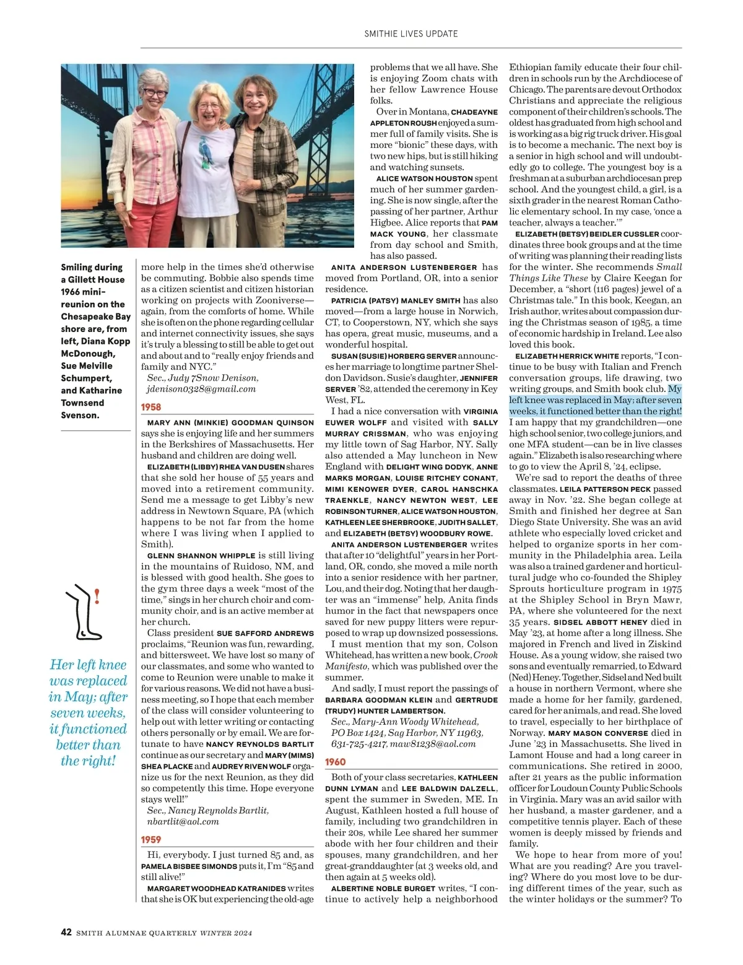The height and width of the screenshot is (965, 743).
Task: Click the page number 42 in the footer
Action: tap(66, 933)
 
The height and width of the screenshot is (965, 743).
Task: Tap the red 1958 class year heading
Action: tap(151, 407)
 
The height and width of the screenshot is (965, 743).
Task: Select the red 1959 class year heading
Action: tap(151, 839)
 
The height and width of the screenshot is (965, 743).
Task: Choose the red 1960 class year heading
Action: tap(336, 762)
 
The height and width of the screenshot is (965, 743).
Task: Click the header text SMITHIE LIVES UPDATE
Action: tap(411, 33)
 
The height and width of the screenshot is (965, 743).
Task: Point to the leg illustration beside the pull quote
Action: tap(83, 611)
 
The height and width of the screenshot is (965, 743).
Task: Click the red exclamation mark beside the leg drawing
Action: tap(97, 597)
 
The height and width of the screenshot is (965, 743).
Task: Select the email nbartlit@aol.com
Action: tap(183, 821)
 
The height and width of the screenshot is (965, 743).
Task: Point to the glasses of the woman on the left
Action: tap(154, 94)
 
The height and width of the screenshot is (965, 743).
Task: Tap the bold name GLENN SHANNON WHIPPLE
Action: tap(201, 556)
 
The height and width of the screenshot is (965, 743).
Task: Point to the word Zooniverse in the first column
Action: tap(279, 300)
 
